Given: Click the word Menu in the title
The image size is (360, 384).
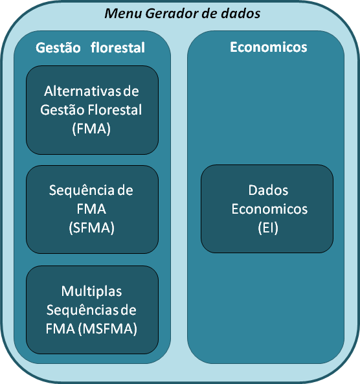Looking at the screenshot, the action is click(123, 14).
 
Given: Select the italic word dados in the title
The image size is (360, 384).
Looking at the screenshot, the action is click(240, 14).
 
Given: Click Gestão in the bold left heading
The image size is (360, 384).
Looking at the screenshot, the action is click(58, 47).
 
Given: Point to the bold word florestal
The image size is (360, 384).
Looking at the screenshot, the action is click(118, 47).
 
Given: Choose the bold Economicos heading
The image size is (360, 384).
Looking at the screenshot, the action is click(269, 47).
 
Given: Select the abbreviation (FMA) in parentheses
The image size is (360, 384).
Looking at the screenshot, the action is click(91, 129).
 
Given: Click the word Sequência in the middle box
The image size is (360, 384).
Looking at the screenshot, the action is click(82, 190).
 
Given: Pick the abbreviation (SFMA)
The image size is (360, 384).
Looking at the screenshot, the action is click(91, 228).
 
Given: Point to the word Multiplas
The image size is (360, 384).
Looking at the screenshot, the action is click(91, 291).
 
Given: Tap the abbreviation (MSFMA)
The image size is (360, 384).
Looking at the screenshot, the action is click(107, 329).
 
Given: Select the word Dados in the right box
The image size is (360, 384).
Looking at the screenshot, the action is click(268, 190).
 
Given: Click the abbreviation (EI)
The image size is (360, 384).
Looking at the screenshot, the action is click(268, 228).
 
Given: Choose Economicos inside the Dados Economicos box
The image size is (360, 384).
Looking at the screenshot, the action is click(269, 209).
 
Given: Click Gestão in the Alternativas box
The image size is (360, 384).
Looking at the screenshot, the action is click(62, 109).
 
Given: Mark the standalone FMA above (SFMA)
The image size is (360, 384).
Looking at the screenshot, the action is click(91, 209).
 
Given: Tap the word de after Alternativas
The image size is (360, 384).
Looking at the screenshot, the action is click(131, 91).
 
